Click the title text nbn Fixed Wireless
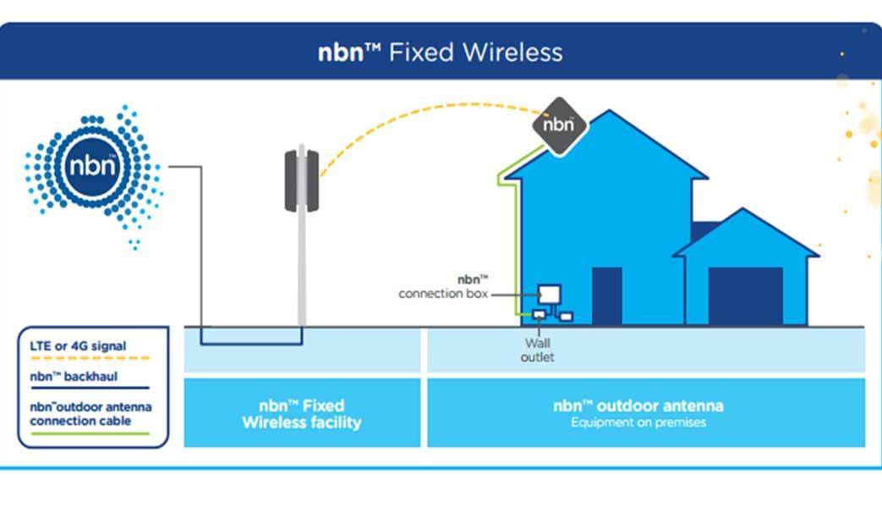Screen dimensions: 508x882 tap(440, 52)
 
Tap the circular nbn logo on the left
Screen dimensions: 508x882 tap(92, 164)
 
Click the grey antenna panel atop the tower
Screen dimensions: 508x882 tap(300, 178)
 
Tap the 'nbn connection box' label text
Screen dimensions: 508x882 tap(443, 287)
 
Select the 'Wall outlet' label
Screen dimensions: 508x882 tap(538, 351)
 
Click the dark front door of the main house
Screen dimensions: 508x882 tap(606, 296)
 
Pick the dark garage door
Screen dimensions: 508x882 tap(745, 296)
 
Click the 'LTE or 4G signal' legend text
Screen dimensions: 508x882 tap(78, 346)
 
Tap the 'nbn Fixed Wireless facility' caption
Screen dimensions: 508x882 tap(302, 413)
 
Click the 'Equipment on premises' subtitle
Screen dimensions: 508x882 tap(638, 422)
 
